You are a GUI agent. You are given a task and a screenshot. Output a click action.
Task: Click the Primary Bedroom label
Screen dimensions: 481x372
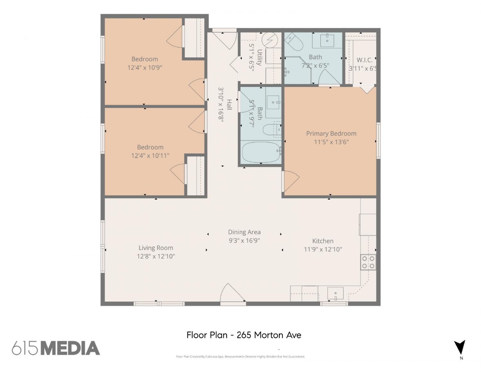(331, 134)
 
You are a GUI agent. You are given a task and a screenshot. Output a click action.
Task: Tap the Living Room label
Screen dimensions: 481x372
(156, 248)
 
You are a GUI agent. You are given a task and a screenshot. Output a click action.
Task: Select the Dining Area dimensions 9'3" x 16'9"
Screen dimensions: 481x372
(244, 240)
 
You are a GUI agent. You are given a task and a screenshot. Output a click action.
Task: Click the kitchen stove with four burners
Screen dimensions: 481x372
(368, 262)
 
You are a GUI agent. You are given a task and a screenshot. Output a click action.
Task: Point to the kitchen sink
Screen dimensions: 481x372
(335, 293)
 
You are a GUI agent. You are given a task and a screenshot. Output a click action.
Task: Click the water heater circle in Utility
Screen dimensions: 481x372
(270, 40)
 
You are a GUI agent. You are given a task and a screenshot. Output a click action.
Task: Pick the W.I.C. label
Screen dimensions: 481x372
(364, 60)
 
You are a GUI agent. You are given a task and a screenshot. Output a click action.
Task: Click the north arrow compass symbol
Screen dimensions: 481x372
(460, 347)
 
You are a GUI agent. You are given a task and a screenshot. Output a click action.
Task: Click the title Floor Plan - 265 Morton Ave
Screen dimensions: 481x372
(244, 335)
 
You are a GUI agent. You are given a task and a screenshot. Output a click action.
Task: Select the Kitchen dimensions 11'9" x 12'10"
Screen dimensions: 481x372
(323, 249)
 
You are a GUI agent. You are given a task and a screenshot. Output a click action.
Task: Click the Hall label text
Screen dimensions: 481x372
(229, 105)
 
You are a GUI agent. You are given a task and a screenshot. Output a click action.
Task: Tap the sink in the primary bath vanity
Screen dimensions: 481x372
(327, 40)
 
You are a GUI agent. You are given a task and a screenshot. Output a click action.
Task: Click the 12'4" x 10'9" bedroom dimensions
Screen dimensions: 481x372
(145, 67)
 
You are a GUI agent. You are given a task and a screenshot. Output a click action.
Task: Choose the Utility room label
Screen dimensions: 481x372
(259, 57)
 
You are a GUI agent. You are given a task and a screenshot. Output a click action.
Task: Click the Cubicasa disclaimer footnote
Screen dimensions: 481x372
(240, 357)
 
